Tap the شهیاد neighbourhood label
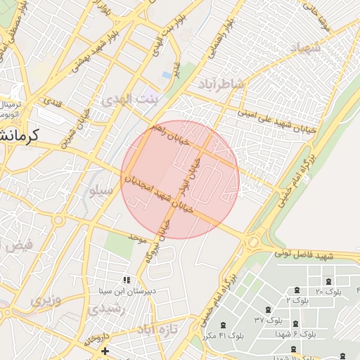[x=304, y=49]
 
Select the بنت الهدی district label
[x=131, y=101]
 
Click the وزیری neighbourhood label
[x=46, y=302]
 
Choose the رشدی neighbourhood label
[x=108, y=307]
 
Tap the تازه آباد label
[x=157, y=329]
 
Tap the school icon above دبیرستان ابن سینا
[x=127, y=280]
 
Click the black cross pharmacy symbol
[x=105, y=350]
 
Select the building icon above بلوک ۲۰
[x=297, y=289]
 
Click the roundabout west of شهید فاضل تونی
[x=252, y=243]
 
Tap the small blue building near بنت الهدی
[x=166, y=74]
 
